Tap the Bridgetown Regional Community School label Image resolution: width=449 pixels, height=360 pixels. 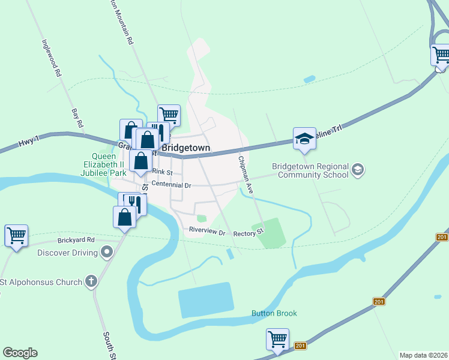click(310, 170)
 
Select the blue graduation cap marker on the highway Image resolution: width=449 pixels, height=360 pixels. click(304, 139)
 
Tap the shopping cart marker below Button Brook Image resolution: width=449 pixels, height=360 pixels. click(277, 339)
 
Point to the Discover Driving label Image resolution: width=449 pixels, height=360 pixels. click(67, 253)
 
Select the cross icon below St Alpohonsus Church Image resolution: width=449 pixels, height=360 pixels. click(91, 281)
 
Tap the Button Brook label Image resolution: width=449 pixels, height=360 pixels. click(274, 313)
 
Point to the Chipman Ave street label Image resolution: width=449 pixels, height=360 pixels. click(246, 174)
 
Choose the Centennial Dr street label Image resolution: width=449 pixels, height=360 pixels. click(171, 185)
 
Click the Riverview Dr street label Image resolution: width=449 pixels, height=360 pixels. click(206, 230)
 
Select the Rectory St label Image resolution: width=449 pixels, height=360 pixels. click(249, 232)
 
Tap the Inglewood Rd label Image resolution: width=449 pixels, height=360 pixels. click(51, 58)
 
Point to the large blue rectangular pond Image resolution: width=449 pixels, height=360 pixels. click(206, 302)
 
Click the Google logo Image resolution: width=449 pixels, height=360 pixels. click(20, 353)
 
